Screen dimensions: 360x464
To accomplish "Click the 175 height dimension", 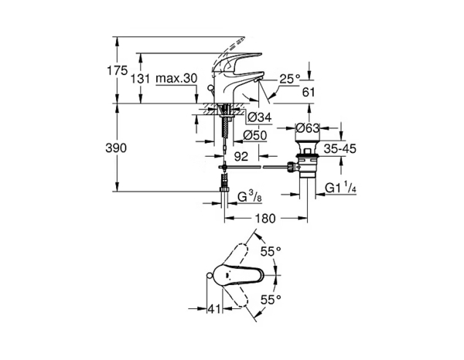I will tap(117, 70).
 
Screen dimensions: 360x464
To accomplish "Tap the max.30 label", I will tap(176, 79).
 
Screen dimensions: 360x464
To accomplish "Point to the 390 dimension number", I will tap(117, 147).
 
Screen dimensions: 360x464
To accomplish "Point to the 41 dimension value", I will tap(215, 309).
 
